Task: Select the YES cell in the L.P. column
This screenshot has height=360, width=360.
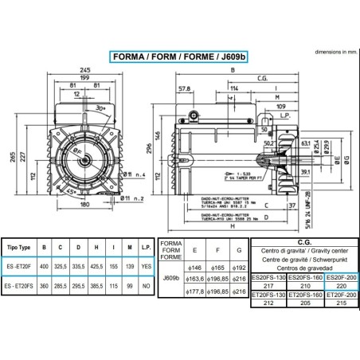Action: click(144, 267)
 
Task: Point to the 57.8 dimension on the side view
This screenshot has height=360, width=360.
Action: click(185, 88)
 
